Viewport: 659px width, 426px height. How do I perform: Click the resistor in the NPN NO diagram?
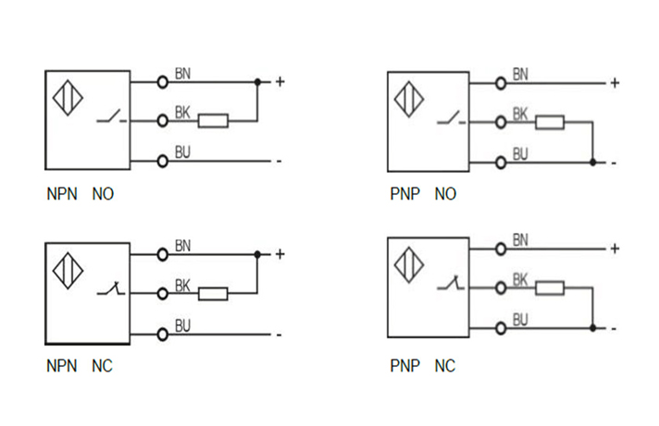click(x=214, y=120)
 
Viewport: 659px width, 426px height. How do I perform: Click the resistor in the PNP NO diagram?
click(x=550, y=122)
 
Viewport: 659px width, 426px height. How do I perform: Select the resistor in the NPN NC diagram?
click(x=214, y=293)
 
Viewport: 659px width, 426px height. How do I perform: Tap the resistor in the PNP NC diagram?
click(x=550, y=287)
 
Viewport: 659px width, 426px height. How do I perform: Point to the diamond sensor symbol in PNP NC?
click(x=408, y=264)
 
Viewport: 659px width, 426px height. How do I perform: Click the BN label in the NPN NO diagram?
click(x=182, y=73)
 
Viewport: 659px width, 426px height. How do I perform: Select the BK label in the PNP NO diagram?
click(x=520, y=115)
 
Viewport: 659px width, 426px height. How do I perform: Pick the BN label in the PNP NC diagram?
click(x=520, y=240)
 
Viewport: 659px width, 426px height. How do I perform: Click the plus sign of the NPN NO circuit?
click(x=280, y=81)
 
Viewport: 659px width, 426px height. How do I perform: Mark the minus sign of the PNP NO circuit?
click(x=614, y=163)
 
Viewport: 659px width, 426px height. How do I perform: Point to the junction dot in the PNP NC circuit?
click(x=592, y=327)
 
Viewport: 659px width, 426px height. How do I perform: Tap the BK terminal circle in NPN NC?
click(x=162, y=293)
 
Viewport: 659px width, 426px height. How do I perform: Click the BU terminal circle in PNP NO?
click(x=501, y=162)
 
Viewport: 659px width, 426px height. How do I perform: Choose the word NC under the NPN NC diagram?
click(x=102, y=367)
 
